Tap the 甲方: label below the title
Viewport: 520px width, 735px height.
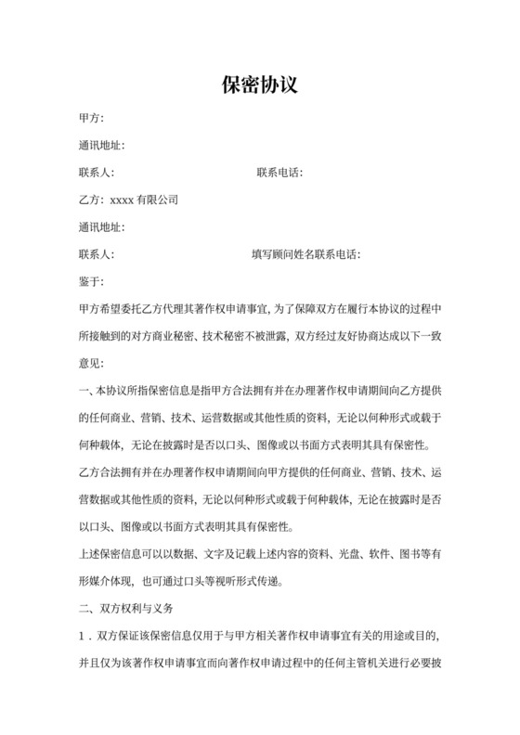(92, 119)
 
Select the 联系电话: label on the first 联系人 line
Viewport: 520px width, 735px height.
(279, 173)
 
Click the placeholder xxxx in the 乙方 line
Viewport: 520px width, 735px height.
(123, 200)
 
